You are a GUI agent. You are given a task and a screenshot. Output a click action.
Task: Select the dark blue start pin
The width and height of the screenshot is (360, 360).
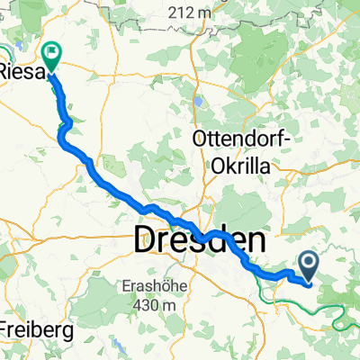(309, 265)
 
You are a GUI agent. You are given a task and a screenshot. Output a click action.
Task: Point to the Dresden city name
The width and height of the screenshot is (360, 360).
(200, 240)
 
